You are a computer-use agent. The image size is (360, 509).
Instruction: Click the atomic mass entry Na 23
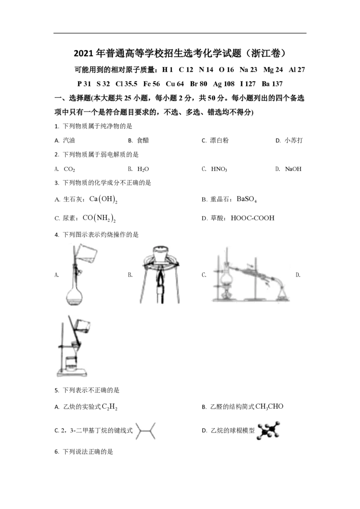(x=248, y=69)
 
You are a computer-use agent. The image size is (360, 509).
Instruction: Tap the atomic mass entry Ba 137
(x=272, y=84)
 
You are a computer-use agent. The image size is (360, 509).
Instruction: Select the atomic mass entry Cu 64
(x=175, y=84)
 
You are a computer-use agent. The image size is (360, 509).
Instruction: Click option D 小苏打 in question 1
(x=289, y=140)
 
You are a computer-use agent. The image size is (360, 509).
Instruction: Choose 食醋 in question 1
(x=143, y=140)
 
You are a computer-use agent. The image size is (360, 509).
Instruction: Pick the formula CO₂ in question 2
(x=69, y=169)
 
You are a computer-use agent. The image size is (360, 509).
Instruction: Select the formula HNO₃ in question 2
(x=219, y=169)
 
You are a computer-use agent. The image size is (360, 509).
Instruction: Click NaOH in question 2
(x=293, y=169)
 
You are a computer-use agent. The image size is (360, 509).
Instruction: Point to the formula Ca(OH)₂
(x=103, y=199)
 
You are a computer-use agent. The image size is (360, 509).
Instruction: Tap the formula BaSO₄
(x=247, y=199)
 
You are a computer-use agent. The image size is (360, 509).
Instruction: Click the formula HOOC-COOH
(x=252, y=218)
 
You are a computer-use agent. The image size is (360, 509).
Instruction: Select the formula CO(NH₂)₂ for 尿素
(x=99, y=218)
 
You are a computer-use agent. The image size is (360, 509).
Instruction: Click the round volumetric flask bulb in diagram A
(x=74, y=295)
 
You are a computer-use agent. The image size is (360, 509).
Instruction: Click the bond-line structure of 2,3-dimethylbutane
(x=145, y=431)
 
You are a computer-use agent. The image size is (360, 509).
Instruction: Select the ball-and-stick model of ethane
(x=268, y=431)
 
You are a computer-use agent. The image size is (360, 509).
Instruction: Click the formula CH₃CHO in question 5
(x=270, y=407)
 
